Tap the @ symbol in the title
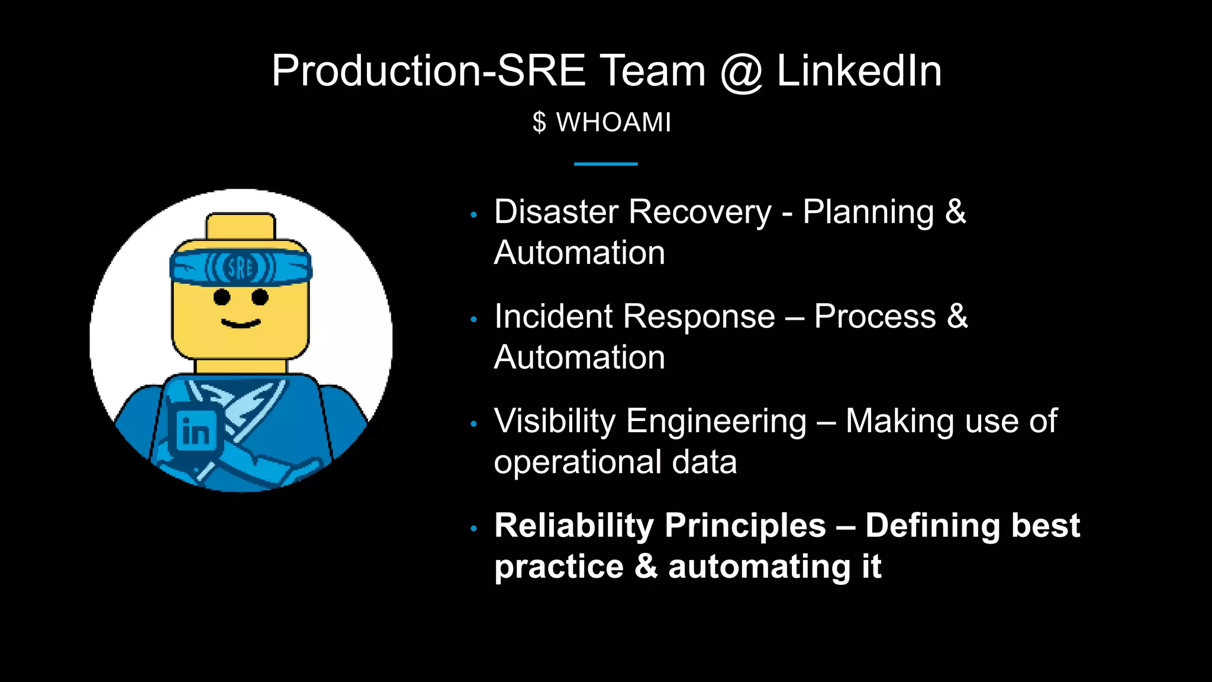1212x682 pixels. click(742, 72)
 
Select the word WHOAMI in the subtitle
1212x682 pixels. click(614, 123)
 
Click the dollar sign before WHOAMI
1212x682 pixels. click(539, 123)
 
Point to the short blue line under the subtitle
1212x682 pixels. click(605, 164)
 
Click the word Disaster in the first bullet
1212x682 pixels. click(556, 212)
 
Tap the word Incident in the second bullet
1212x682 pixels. click(553, 316)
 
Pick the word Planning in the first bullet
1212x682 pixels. click(868, 212)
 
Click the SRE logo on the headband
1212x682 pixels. click(240, 268)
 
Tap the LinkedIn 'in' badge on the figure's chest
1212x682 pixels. click(195, 431)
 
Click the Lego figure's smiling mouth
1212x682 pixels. click(241, 323)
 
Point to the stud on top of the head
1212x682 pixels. click(241, 226)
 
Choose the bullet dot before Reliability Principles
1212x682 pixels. click(473, 528)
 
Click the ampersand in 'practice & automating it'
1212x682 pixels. click(646, 567)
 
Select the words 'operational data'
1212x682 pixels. click(615, 462)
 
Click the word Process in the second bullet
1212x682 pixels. click(875, 316)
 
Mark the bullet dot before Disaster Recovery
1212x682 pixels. click(473, 215)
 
